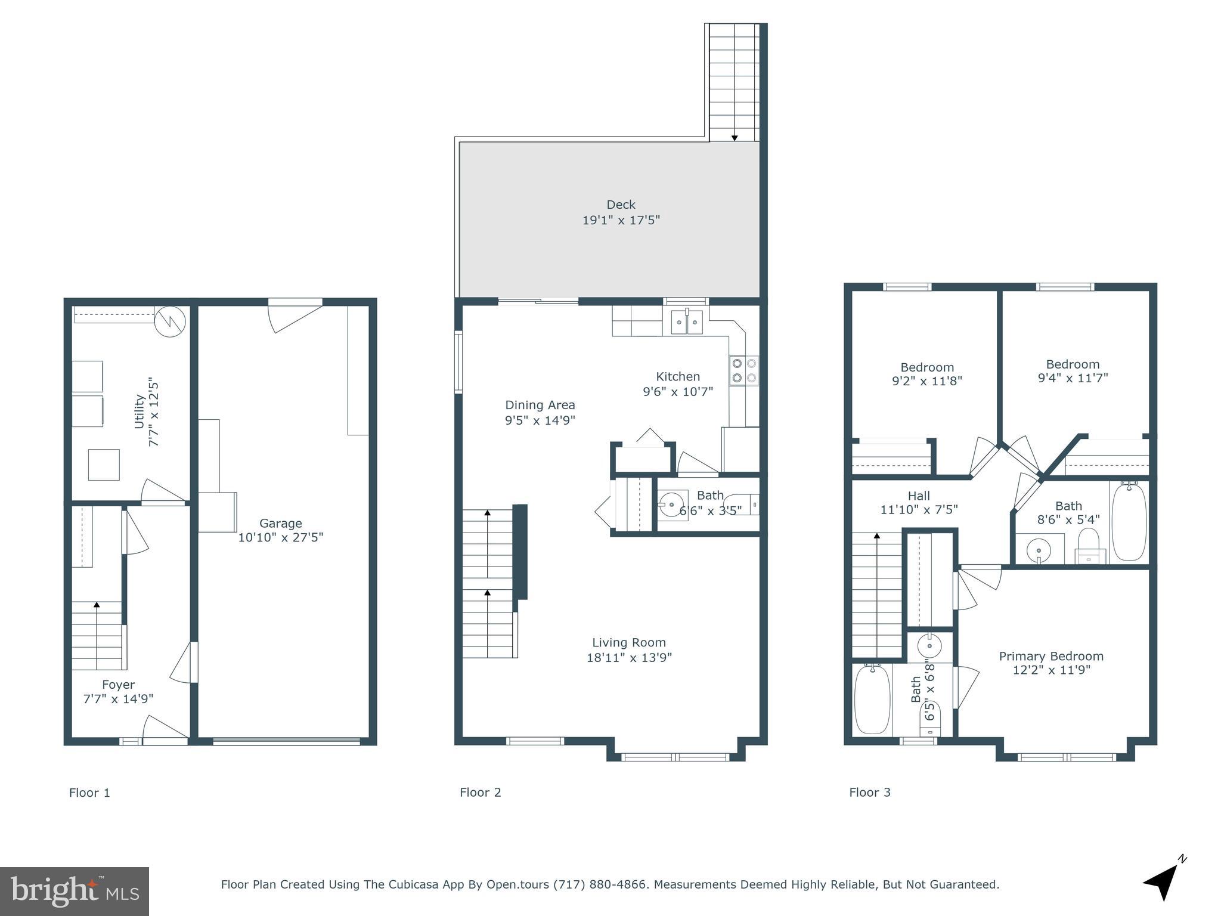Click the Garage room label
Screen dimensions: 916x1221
(x=280, y=524)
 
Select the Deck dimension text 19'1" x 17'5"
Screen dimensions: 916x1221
(x=621, y=220)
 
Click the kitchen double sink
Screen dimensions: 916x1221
(x=687, y=322)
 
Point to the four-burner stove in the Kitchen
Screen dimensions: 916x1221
(x=743, y=370)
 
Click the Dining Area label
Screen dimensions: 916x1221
(x=540, y=405)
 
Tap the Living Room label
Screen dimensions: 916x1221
(x=628, y=642)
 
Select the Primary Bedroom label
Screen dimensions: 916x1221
(x=1050, y=656)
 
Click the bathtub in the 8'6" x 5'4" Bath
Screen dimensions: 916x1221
(x=1129, y=522)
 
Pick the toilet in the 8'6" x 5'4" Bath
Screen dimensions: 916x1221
(x=1089, y=546)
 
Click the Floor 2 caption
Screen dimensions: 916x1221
(x=480, y=792)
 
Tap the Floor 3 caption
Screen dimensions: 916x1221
(x=869, y=792)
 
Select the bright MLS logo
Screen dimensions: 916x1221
(x=74, y=891)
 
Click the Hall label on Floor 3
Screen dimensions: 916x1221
(x=918, y=496)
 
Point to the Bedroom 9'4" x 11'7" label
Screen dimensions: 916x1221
(x=1072, y=364)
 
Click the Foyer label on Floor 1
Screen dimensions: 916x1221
(x=118, y=685)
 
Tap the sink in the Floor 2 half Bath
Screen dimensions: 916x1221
(x=673, y=505)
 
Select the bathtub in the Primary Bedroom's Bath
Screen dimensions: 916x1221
(x=872, y=700)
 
